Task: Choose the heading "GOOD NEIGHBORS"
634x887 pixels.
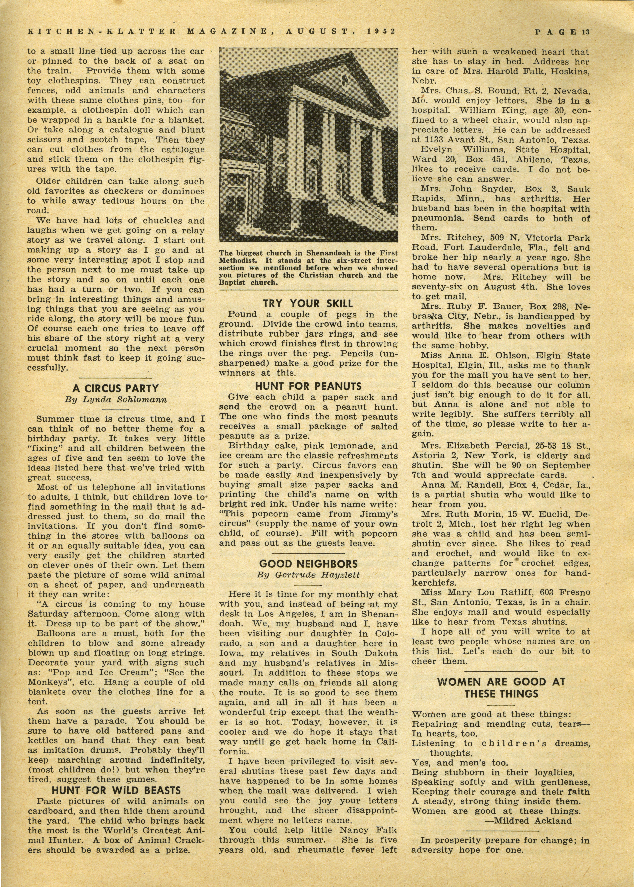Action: point(308,564)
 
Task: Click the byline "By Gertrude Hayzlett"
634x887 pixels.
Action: point(308,575)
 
